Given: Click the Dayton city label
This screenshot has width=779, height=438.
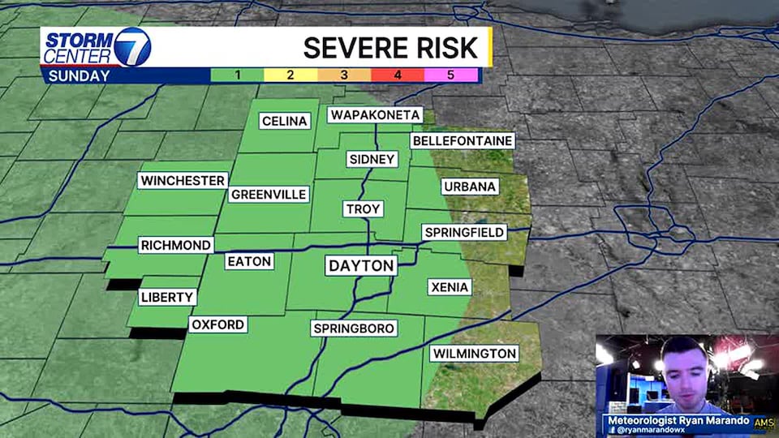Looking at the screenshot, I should pos(361,265).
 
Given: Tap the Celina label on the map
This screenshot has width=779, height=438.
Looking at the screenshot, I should pos(285,121).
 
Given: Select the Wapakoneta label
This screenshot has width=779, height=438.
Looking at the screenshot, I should pos(375,114).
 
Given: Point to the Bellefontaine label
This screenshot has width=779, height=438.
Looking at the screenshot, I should pos(463,140).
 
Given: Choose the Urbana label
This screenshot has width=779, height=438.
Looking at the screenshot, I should pos(469,187).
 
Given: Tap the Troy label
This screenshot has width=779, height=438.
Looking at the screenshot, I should pos(362,208).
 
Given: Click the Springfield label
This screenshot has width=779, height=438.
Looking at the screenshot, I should pos(465,232).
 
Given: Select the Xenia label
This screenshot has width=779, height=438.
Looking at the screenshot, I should pos(449,286).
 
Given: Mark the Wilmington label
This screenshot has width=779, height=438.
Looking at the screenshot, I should pos(474,353).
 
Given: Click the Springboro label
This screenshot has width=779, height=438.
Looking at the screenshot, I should pos(354,328).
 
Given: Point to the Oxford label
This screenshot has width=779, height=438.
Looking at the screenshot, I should pos(217,324).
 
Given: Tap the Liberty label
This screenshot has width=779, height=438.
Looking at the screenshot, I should pos(168,297).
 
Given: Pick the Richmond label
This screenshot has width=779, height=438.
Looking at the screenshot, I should pos(176,245).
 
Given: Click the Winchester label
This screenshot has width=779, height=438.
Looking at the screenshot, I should pos(182,180).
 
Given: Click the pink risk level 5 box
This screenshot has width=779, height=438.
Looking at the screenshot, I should pos(450,75).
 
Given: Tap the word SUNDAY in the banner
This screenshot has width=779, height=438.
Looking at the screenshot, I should pos(79,76).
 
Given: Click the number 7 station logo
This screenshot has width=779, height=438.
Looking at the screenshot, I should pos(132,47).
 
